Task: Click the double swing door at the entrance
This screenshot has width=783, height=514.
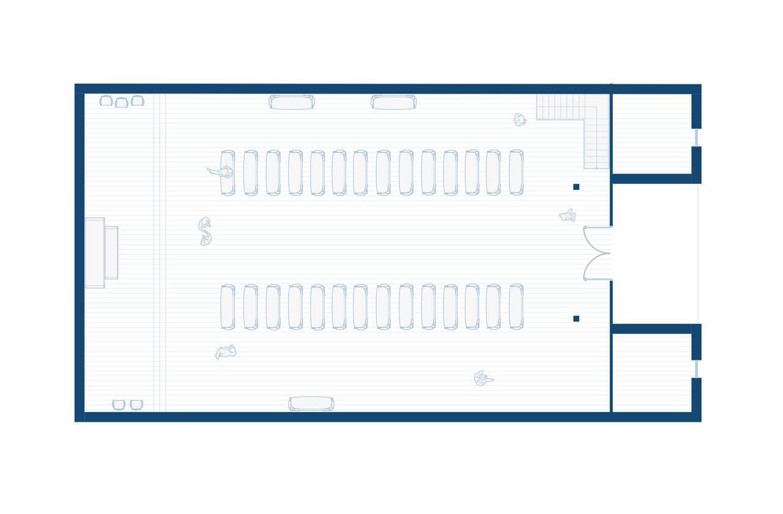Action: (x=597, y=253)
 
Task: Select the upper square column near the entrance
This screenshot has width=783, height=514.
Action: (x=576, y=187)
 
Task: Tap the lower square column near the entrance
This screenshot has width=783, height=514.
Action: (x=576, y=318)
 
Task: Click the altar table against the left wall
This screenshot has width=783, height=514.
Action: (x=101, y=252)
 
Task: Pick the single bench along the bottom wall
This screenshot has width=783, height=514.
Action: (x=311, y=403)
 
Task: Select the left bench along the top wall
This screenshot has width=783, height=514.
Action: (x=292, y=102)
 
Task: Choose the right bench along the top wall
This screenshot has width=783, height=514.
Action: (x=393, y=102)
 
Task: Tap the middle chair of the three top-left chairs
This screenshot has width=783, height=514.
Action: (x=122, y=102)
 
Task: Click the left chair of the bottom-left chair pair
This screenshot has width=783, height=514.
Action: (x=119, y=405)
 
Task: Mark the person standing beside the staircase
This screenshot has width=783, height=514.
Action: (x=519, y=120)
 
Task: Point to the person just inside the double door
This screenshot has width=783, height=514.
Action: (x=568, y=215)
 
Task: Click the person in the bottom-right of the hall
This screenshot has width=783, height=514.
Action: (x=483, y=379)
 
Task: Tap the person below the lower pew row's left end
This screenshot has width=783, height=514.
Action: (x=226, y=352)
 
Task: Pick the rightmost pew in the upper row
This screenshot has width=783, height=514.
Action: (x=516, y=172)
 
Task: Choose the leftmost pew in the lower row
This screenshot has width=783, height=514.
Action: (x=228, y=307)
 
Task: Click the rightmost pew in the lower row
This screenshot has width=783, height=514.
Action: (x=516, y=307)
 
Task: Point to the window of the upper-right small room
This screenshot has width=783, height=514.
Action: (x=696, y=138)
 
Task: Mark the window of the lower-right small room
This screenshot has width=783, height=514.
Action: (x=696, y=369)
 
